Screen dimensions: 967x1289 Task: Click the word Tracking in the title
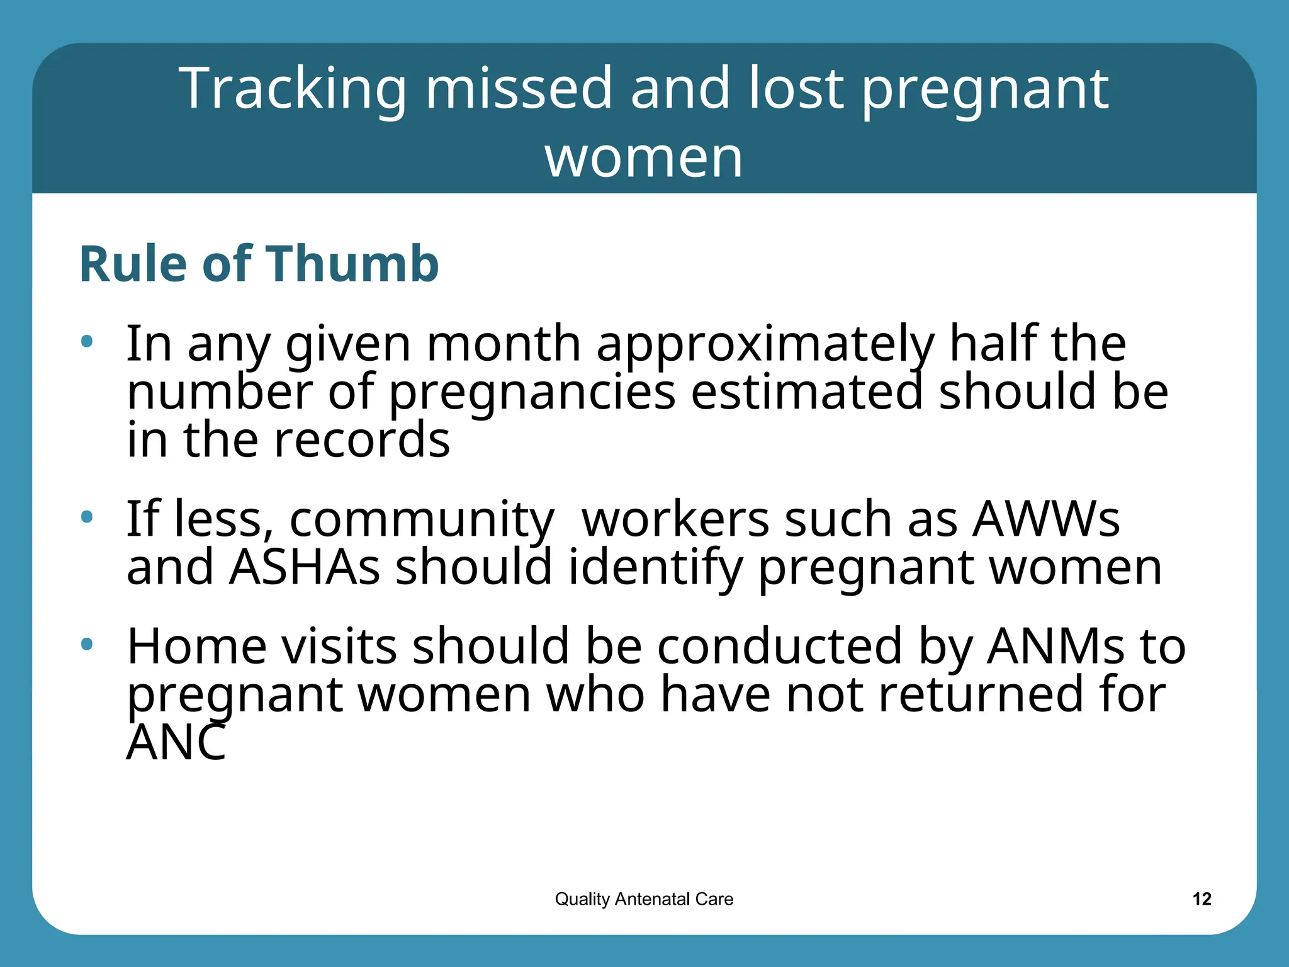coord(293,89)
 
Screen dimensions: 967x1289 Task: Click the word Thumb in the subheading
coord(352,264)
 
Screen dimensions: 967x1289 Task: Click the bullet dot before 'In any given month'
coord(87,342)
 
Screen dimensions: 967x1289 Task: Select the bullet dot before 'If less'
coord(87,517)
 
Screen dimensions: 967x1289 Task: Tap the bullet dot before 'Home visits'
coord(87,644)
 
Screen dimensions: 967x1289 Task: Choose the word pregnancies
coord(532,393)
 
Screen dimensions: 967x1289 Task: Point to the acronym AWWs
coord(1046,519)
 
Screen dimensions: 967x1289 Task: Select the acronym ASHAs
coord(304,567)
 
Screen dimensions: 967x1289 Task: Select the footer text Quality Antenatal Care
coord(644,899)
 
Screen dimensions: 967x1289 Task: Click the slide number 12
coord(1202,899)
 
